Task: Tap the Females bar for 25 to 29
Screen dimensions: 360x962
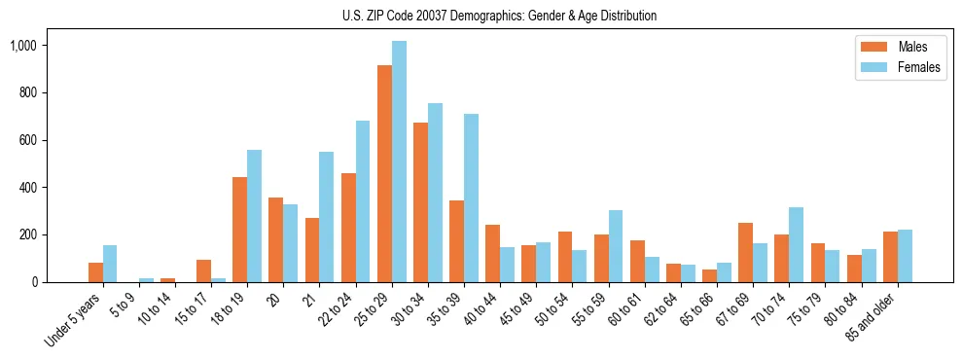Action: pyautogui.click(x=399, y=162)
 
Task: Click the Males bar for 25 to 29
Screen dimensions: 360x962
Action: pyautogui.click(x=384, y=173)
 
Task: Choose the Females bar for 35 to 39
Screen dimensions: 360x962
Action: pyautogui.click(x=471, y=198)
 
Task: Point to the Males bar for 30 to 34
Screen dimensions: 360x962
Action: pyautogui.click(x=420, y=202)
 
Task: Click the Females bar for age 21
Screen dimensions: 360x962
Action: pyautogui.click(x=327, y=217)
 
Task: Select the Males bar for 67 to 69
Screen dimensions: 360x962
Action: pyautogui.click(x=746, y=253)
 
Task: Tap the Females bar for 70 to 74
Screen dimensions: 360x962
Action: pyautogui.click(x=797, y=245)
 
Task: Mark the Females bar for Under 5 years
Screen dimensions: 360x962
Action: pyautogui.click(x=110, y=264)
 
